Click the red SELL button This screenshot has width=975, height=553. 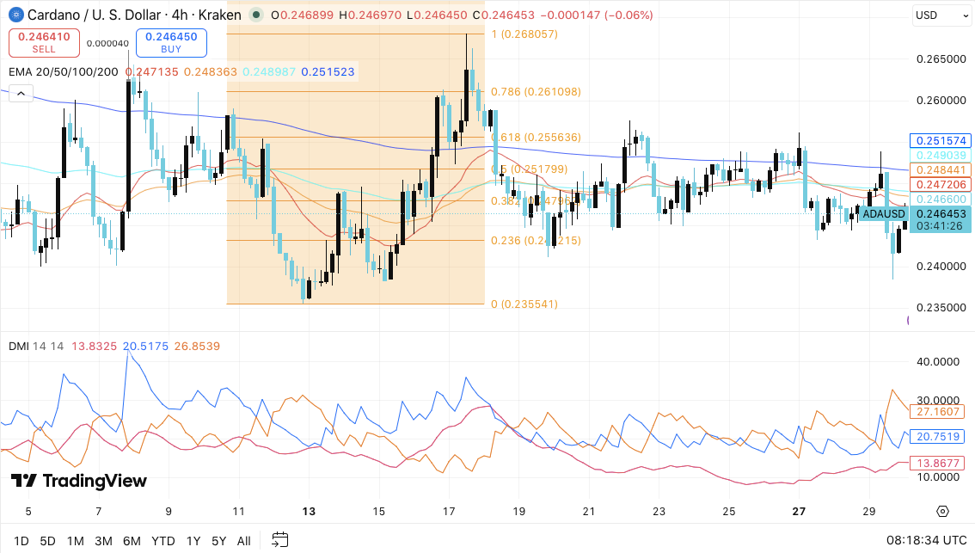coord(44,43)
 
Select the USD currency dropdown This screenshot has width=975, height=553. coord(939,15)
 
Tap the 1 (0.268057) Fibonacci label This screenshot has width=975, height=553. coord(524,34)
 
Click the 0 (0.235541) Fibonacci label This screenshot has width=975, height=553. coord(524,304)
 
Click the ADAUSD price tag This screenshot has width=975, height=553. coord(883,214)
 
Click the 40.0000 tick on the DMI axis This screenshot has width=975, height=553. coord(939,362)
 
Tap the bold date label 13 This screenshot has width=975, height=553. coord(309,511)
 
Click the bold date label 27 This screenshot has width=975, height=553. coord(799,511)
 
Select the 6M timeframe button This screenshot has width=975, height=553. coord(132,541)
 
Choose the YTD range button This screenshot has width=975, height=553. coord(162,541)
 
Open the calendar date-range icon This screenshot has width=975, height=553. coord(279,540)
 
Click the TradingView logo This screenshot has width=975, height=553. coord(78,481)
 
